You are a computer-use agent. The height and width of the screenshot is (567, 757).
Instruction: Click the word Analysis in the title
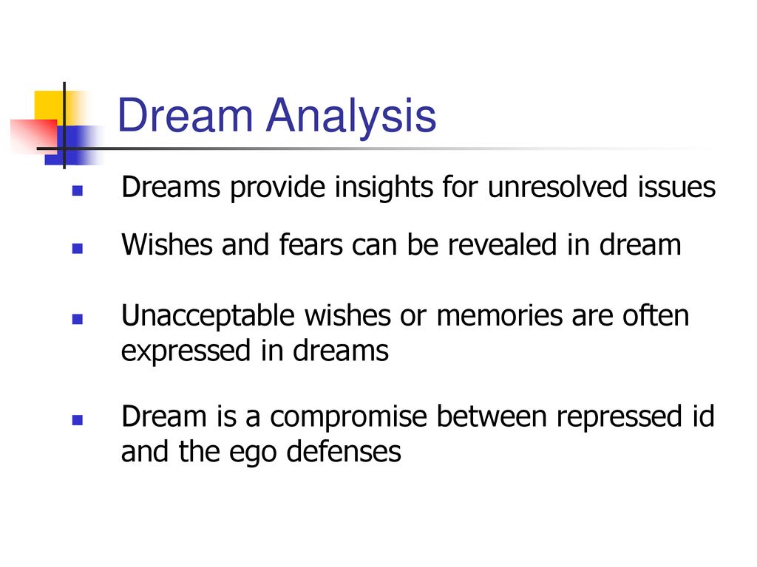point(351,116)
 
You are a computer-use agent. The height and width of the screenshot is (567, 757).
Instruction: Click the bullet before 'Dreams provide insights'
point(77,191)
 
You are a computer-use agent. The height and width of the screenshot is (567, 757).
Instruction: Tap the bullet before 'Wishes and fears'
point(77,249)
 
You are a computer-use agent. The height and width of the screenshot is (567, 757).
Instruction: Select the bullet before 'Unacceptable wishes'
point(77,319)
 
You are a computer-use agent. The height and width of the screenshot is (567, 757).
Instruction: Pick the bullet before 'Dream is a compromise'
point(77,420)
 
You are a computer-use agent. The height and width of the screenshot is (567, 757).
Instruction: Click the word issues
point(677,187)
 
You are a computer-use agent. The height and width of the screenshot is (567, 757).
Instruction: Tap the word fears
point(311,244)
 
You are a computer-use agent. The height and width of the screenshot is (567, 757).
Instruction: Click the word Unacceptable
point(208,317)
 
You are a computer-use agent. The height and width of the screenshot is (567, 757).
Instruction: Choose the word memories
point(499,316)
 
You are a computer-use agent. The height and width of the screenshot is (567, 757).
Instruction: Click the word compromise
point(349,418)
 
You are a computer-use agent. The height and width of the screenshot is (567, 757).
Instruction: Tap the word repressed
point(619,417)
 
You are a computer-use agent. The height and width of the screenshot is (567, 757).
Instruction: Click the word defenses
point(343,452)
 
